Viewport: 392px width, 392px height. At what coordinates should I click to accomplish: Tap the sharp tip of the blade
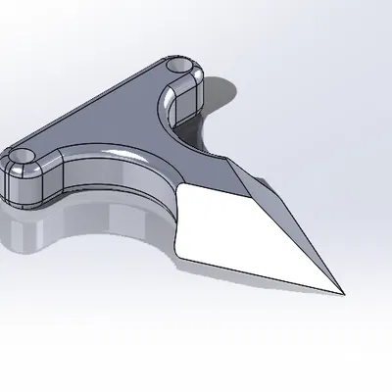coord(342,292)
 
